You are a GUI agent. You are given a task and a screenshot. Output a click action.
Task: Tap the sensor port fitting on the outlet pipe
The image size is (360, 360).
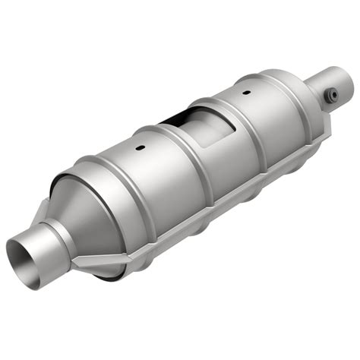pyautogui.click(x=331, y=94)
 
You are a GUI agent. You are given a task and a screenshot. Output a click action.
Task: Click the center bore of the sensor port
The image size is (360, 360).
pyautogui.click(x=332, y=94)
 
